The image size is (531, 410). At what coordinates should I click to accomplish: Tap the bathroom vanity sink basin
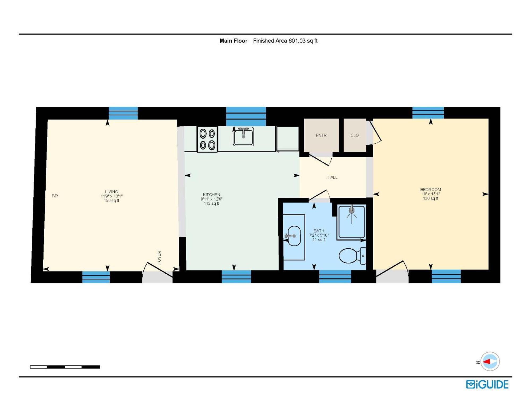[294, 236]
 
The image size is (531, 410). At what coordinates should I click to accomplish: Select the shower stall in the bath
[351, 222]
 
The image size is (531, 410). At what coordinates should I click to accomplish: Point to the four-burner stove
[207, 139]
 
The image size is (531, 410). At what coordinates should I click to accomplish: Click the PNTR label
[321, 135]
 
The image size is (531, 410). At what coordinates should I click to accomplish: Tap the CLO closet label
[354, 135]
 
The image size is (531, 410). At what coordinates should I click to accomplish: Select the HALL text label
[332, 177]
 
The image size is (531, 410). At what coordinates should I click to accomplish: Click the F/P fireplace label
[55, 196]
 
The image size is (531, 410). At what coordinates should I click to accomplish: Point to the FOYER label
[159, 257]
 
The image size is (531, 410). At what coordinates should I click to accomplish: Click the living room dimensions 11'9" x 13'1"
[112, 196]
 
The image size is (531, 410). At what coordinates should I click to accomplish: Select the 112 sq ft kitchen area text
[211, 204]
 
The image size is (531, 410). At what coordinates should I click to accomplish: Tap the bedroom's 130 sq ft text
[430, 198]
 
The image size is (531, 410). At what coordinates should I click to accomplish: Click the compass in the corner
[490, 361]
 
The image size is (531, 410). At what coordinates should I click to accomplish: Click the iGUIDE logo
[487, 385]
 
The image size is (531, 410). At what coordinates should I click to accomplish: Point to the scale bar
[65, 367]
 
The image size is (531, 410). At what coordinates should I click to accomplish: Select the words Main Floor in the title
[233, 41]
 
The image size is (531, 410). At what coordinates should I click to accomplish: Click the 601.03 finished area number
[297, 41]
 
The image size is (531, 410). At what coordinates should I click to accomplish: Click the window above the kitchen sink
[246, 116]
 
